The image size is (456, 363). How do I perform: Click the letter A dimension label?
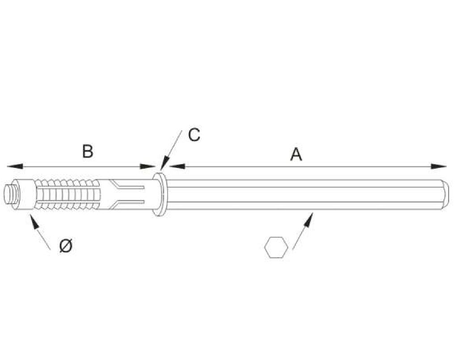(x=296, y=154)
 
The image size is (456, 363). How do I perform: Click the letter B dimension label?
(x=88, y=151)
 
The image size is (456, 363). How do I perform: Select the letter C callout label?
(x=194, y=134)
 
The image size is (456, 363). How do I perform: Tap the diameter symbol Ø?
(x=66, y=245)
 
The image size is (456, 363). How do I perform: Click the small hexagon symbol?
(x=275, y=247)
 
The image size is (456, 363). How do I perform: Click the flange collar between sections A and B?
(x=160, y=195)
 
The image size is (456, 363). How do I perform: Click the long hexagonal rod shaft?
(x=304, y=195)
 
